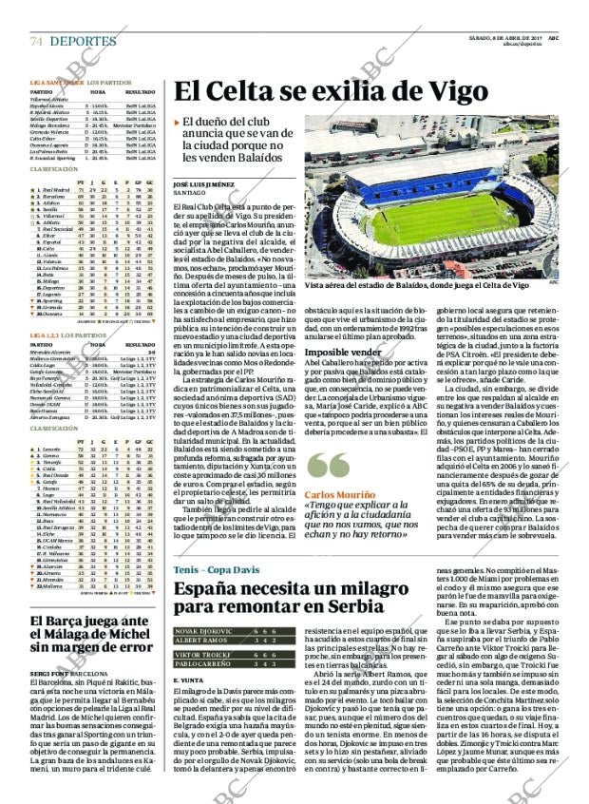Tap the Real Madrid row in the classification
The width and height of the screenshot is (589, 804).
click(52, 189)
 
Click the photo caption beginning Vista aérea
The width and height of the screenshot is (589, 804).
click(417, 284)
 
